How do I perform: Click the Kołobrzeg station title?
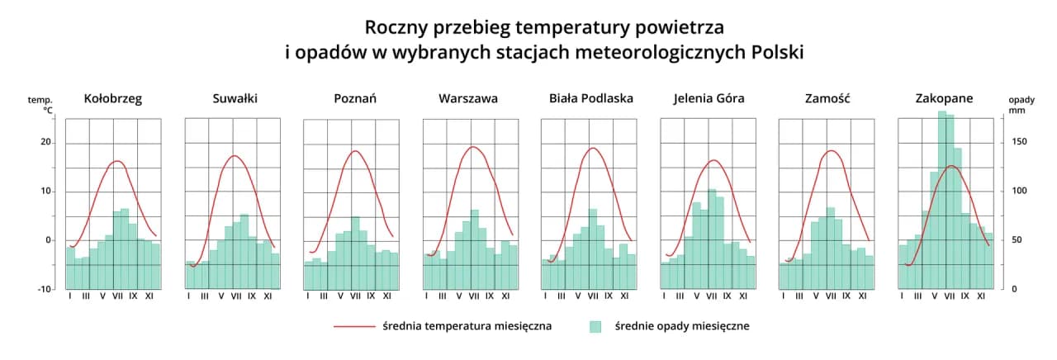113,98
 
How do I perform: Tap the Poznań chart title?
355,98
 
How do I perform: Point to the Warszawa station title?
468,98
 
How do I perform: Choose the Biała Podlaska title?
591,98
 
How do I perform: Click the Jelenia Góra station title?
709,98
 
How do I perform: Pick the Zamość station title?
827,98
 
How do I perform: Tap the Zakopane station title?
944,98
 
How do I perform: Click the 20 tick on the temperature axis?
46,143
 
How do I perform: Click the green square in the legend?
595,326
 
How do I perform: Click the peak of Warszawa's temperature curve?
473,147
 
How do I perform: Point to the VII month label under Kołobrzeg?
117,296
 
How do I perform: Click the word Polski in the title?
778,52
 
